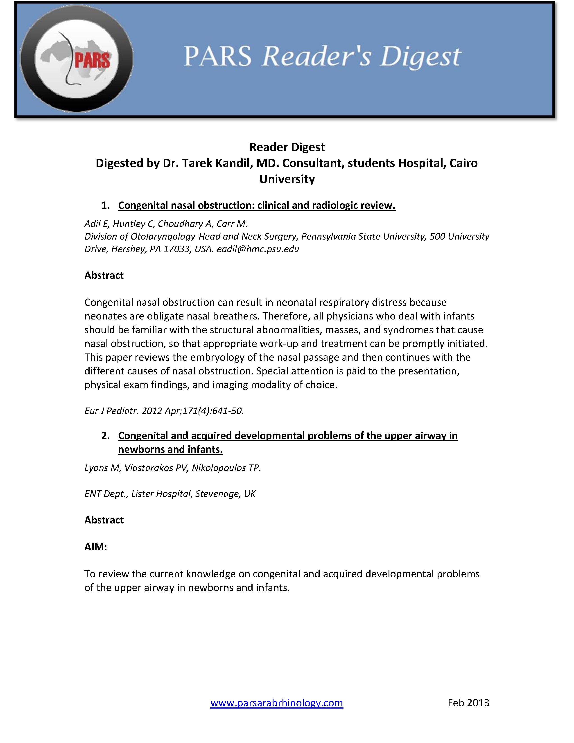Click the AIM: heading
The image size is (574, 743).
tap(95, 547)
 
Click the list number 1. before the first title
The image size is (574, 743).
tap(105, 205)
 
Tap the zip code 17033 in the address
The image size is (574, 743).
tap(176, 249)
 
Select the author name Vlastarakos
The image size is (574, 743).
tap(149, 468)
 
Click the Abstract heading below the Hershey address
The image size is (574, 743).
tap(104, 275)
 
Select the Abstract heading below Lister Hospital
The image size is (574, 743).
tap(104, 520)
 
